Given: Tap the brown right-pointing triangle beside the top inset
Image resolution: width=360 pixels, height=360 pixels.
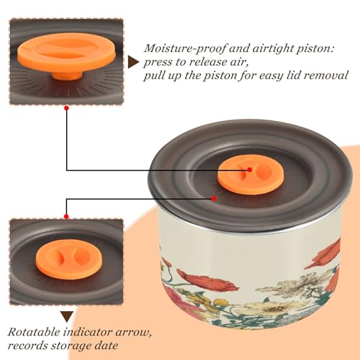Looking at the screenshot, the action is tap(133, 62).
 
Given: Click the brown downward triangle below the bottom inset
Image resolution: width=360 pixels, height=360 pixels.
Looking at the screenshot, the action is tap(67, 317).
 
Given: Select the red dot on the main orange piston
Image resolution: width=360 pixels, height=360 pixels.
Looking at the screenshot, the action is tap(250, 170).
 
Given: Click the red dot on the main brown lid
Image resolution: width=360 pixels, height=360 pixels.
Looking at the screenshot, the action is tap(214, 199).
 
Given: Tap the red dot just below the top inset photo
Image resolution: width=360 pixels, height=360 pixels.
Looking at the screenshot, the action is tap(67, 109).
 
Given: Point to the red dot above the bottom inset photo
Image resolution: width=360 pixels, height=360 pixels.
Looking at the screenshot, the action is tap(66, 217).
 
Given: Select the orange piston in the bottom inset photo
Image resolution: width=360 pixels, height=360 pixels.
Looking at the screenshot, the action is tap(69, 259).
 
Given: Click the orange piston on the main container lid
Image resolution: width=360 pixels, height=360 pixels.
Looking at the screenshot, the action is tap(251, 174).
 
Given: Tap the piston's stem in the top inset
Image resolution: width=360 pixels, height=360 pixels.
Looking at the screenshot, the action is tap(67, 75).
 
